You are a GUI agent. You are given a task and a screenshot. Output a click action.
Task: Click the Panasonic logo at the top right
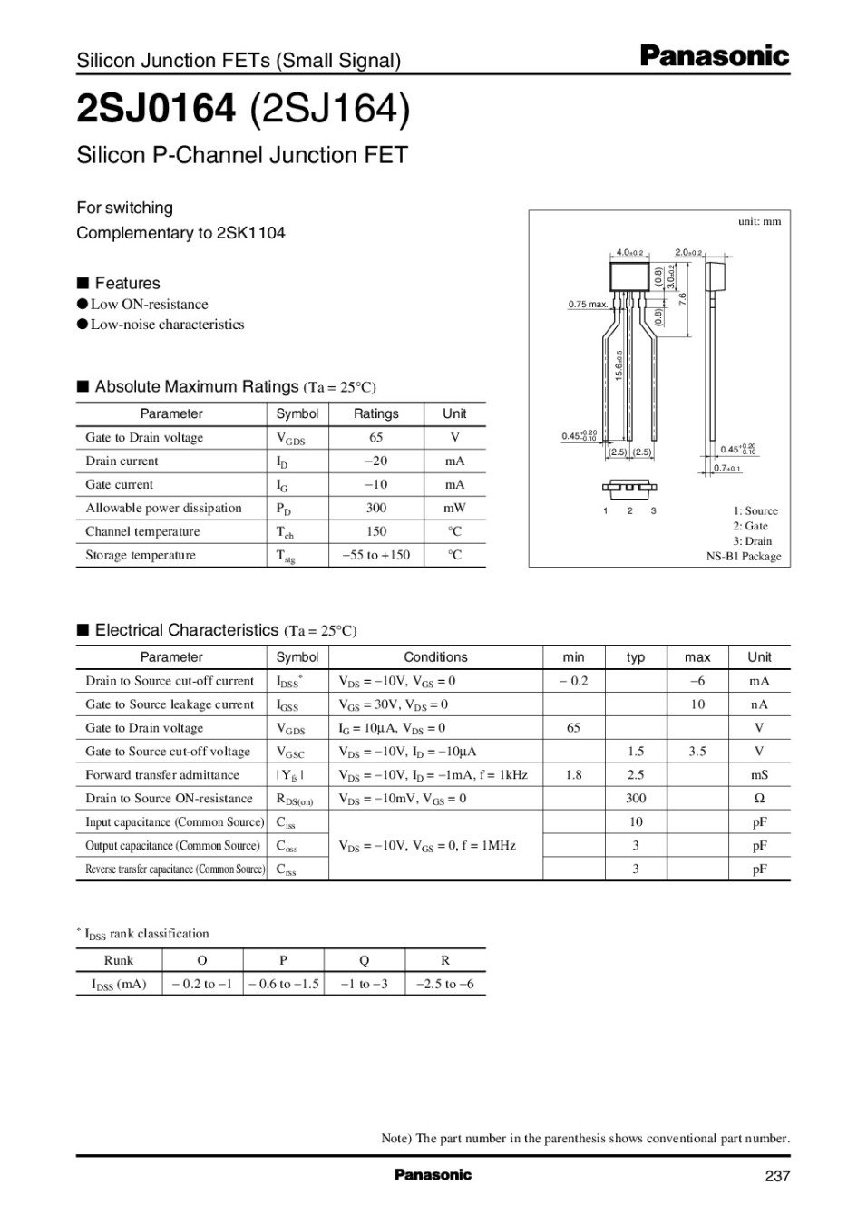715,56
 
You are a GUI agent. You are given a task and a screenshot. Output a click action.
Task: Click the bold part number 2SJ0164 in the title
155,109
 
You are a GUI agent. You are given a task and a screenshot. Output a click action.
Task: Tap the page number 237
777,1176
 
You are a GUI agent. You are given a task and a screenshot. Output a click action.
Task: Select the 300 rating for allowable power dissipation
375,508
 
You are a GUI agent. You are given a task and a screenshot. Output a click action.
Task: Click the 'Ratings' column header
375,413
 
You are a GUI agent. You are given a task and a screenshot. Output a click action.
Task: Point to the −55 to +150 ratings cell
375,555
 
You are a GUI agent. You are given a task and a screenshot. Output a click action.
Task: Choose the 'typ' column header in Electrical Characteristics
635,657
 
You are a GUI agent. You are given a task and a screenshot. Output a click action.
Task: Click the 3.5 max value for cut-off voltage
697,752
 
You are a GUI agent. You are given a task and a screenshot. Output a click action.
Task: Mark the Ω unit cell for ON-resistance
759,799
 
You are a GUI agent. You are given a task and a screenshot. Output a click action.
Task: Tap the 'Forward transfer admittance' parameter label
162,775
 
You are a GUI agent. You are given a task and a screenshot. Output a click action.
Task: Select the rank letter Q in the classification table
364,960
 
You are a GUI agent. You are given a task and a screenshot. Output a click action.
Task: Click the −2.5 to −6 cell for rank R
444,984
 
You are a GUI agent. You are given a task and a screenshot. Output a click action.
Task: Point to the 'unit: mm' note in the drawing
759,221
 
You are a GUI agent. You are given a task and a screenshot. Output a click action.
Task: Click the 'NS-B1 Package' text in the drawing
743,556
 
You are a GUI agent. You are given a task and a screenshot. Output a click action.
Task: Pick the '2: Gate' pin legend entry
750,526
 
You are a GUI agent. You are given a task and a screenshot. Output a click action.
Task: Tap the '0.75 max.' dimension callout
588,305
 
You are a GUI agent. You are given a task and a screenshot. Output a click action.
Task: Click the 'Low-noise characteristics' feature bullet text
167,325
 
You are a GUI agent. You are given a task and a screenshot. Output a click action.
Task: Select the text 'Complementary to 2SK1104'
180,233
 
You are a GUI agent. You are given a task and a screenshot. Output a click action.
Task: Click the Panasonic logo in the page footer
433,1175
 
